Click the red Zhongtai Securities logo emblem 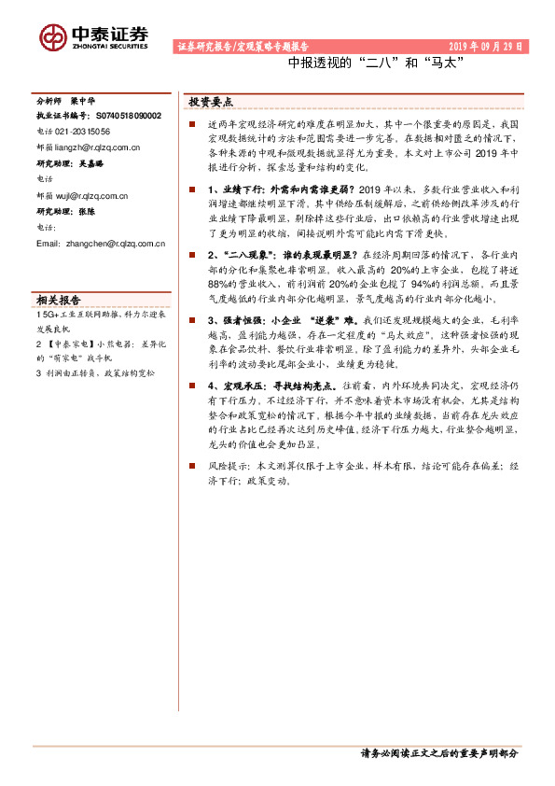pos(54,36)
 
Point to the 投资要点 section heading pos(211,102)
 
